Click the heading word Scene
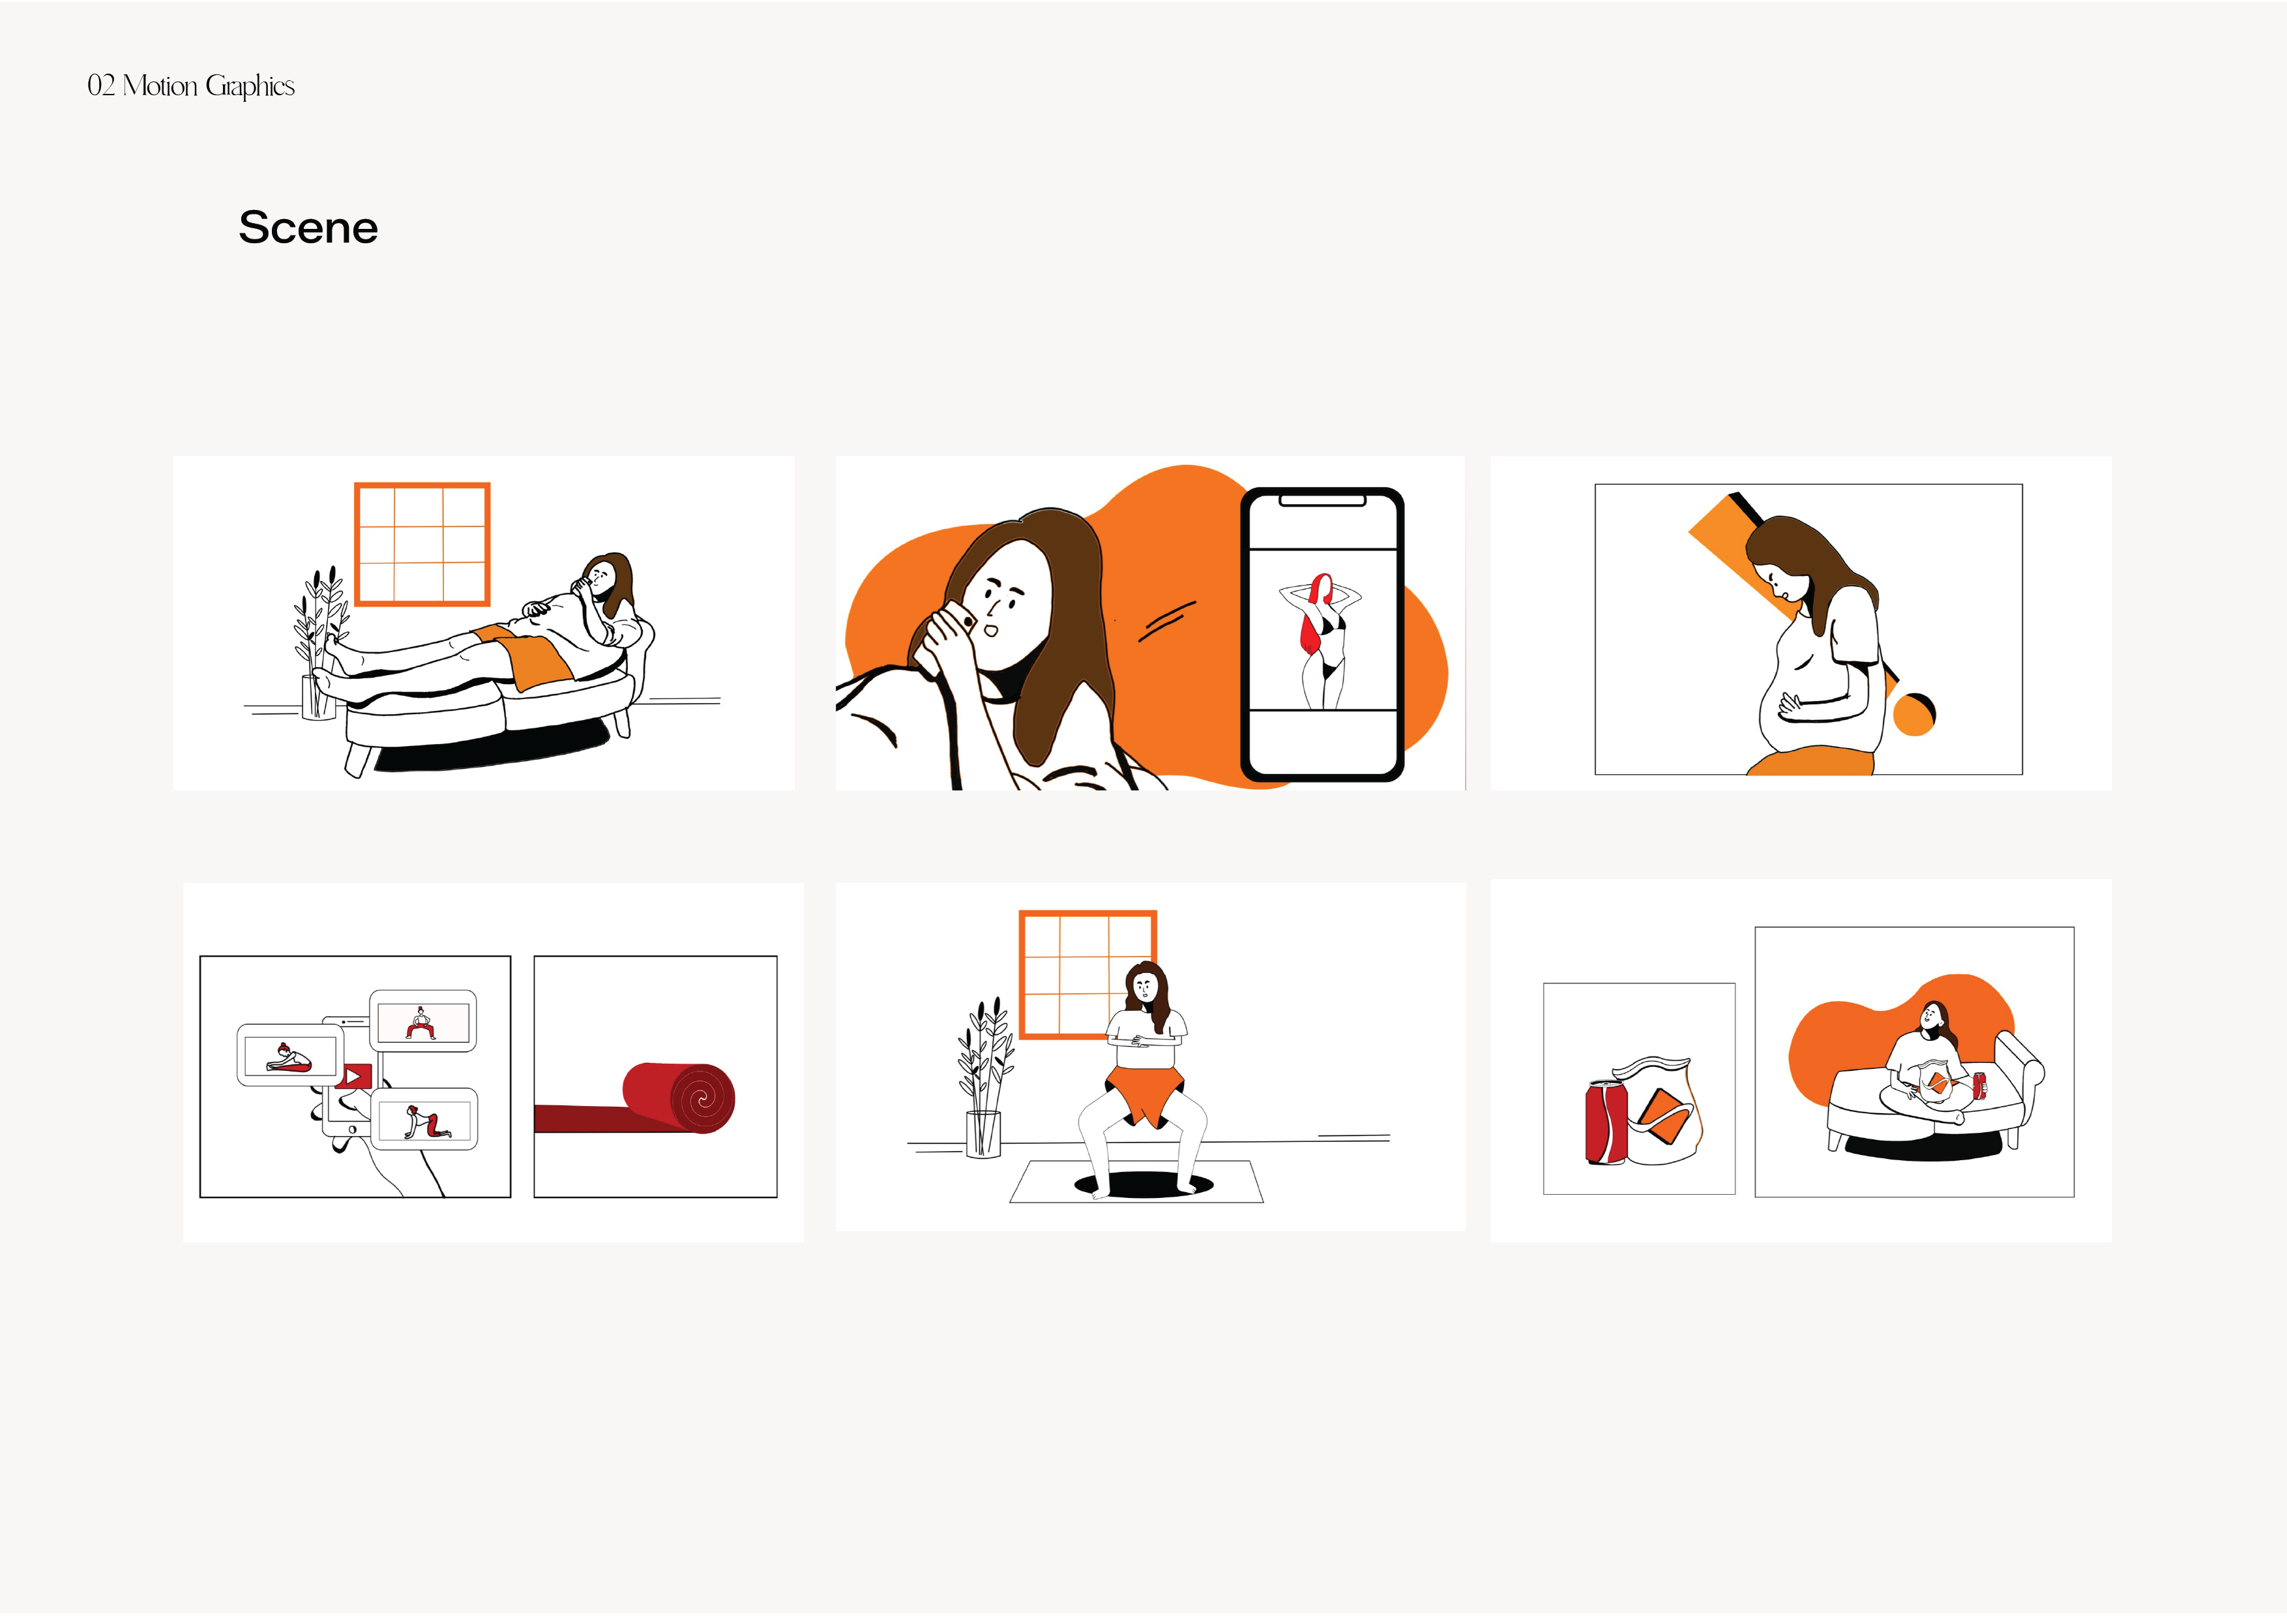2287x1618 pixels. (x=308, y=227)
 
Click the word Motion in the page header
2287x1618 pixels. (x=160, y=85)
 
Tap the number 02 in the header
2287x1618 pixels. (x=100, y=85)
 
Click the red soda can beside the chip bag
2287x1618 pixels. (x=1606, y=1122)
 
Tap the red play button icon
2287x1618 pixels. (x=353, y=1076)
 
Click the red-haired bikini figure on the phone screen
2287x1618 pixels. (x=1321, y=640)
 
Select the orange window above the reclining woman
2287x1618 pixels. (x=422, y=544)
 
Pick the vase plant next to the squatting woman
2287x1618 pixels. (x=984, y=1078)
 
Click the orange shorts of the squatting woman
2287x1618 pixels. (x=1145, y=1094)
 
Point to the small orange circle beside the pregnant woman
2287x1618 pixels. (x=1913, y=714)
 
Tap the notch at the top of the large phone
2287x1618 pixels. (x=1321, y=500)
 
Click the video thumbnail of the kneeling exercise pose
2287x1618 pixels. (x=423, y=1120)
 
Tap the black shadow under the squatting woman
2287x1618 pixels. (x=1145, y=1184)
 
